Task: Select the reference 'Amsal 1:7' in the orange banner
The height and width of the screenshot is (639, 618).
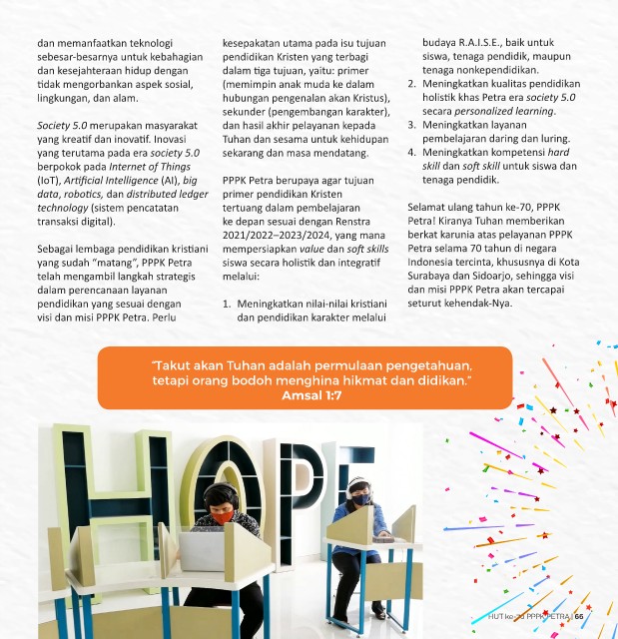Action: (311, 395)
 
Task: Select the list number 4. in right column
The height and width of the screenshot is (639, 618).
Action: (413, 152)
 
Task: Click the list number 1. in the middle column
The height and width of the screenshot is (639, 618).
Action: (228, 303)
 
